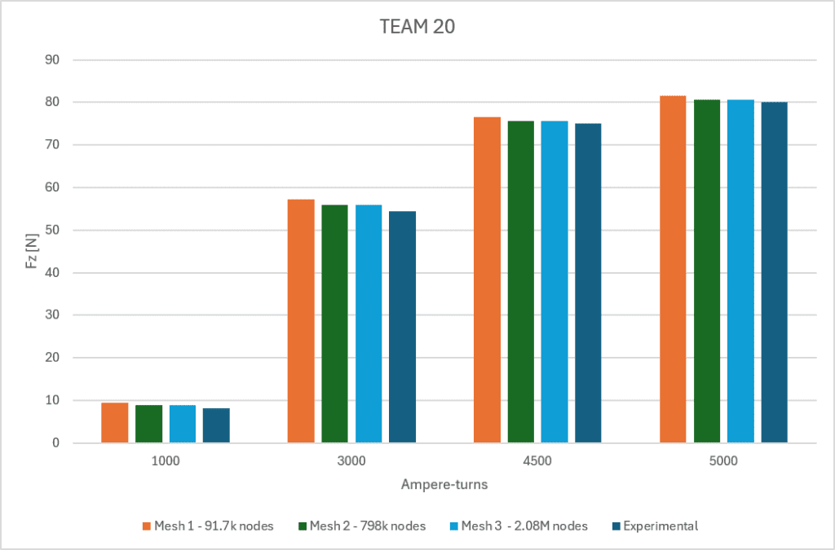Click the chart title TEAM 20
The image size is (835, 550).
[x=417, y=27]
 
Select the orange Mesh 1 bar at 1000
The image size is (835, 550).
[x=115, y=423]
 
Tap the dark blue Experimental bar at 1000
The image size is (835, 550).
[x=216, y=425]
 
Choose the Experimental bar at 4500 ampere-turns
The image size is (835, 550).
[x=588, y=283]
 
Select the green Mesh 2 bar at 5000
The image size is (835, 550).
[x=706, y=271]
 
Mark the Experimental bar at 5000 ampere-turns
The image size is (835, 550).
[x=775, y=272]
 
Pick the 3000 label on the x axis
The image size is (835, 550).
[x=351, y=460]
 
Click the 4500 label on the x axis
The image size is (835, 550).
[x=537, y=460]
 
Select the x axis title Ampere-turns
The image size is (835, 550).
[x=444, y=485]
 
